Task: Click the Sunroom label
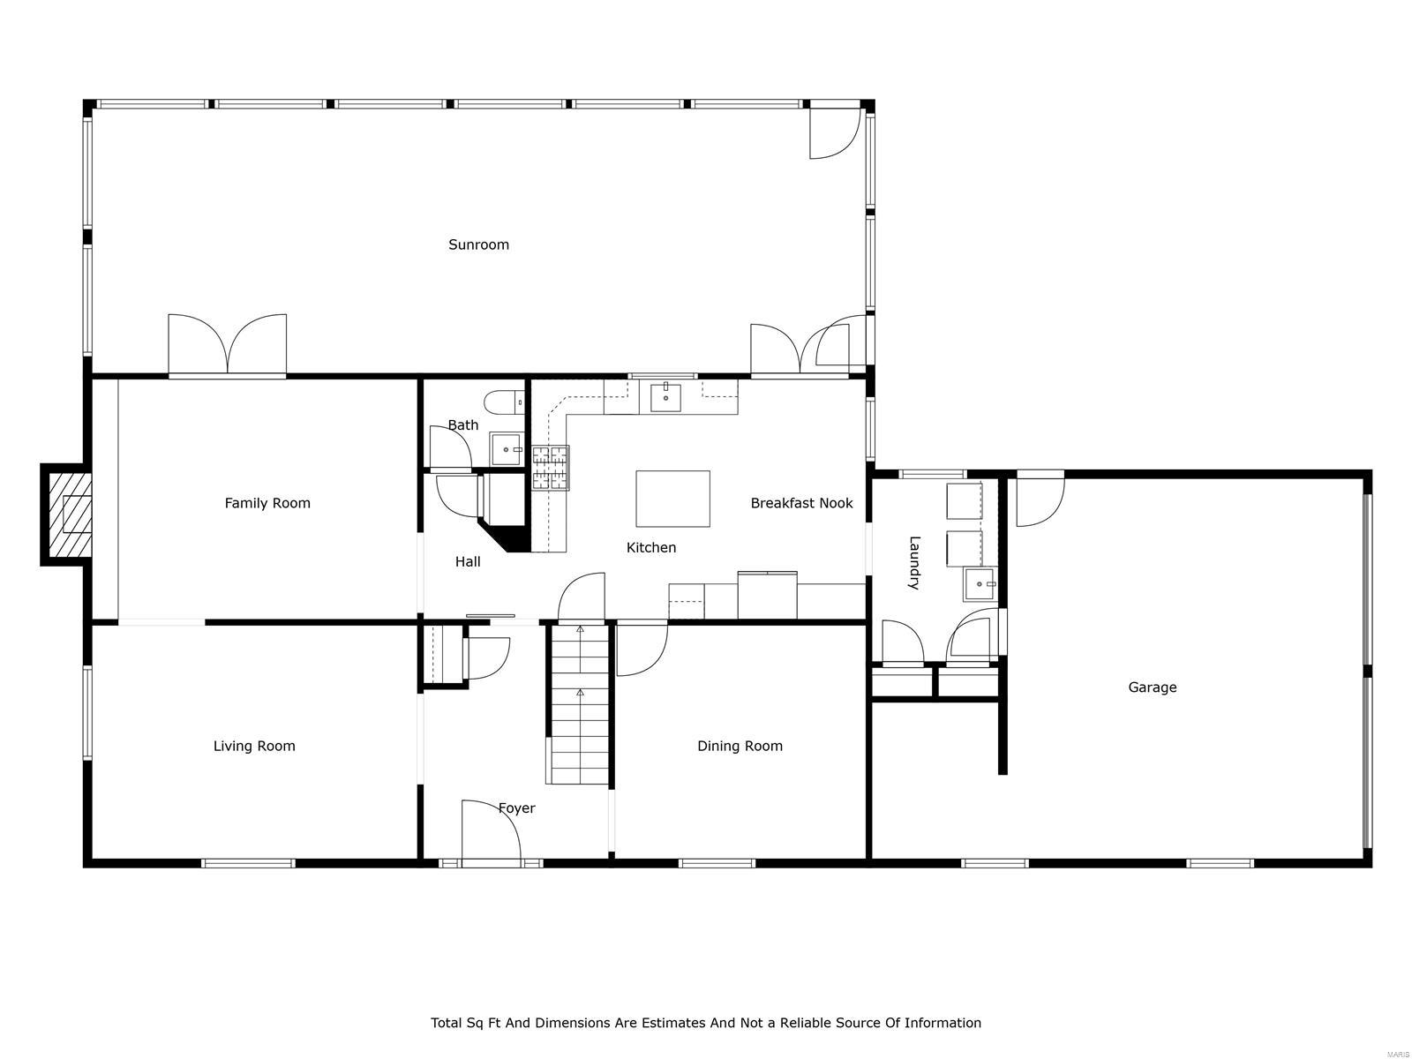point(478,244)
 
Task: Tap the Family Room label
point(267,503)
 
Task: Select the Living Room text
point(254,746)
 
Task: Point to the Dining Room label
point(740,746)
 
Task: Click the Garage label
point(1152,687)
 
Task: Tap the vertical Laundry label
point(914,562)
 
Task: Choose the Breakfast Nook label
point(801,503)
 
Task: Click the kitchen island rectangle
point(672,499)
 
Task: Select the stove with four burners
point(550,468)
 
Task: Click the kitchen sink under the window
point(665,398)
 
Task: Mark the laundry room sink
point(980,584)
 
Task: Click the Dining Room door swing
point(640,649)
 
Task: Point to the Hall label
point(468,561)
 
